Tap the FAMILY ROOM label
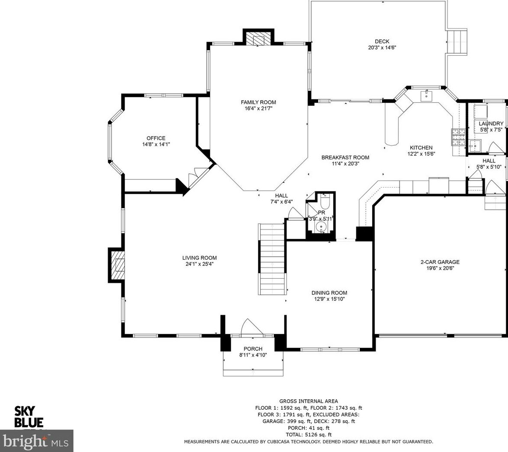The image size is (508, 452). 258,102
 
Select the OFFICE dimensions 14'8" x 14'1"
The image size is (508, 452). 156,144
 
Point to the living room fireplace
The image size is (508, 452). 117,264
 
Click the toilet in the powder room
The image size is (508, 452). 325,201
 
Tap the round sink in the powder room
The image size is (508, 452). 321,227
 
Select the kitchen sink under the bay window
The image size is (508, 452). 426,95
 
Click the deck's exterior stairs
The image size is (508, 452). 458,42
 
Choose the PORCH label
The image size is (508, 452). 253,349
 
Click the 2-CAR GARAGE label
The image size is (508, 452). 440,262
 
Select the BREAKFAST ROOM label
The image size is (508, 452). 345,158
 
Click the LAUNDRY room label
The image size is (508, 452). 491,124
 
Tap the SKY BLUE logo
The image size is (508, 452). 29,417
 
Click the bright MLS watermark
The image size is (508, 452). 37,441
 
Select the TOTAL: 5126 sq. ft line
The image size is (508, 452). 308,435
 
